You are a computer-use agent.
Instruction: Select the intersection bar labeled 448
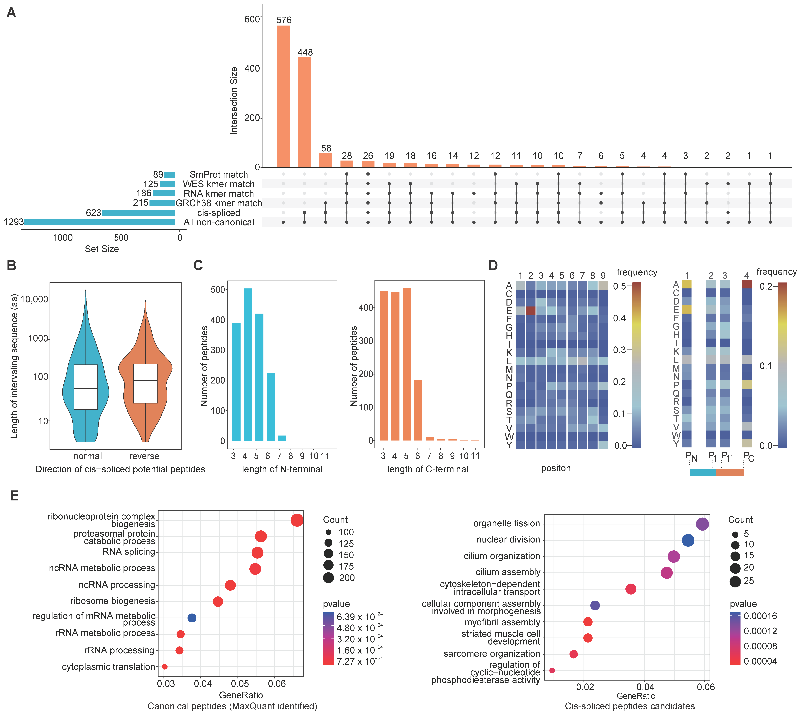coord(304,112)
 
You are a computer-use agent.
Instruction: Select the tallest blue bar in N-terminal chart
coord(248,365)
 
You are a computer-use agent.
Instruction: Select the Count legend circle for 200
coord(328,578)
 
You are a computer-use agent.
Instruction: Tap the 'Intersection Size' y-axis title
coord(234,101)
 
